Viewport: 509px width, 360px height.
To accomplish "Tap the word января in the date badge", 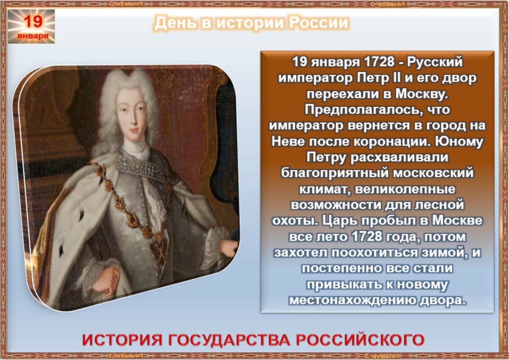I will click(33, 36).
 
